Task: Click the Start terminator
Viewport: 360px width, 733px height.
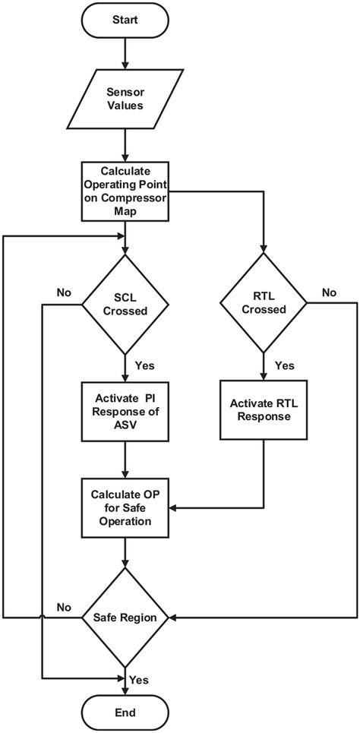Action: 125,21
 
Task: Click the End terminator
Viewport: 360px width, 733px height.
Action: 125,712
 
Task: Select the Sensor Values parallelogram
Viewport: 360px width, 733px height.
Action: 125,99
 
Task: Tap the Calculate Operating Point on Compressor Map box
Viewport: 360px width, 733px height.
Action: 125,191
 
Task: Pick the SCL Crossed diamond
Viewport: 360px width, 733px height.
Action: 125,305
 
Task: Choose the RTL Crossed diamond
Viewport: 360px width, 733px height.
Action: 264,304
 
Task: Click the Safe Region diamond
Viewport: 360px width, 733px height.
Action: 125,618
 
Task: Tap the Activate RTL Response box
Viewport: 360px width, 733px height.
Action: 264,409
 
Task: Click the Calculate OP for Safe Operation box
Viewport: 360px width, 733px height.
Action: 125,507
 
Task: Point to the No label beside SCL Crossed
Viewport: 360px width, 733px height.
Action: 64,292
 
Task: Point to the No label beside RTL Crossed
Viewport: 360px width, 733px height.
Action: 330,292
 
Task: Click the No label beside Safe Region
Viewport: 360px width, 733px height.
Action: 64,607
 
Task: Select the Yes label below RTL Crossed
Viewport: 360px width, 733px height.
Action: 285,365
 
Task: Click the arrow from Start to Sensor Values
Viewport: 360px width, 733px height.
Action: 125,53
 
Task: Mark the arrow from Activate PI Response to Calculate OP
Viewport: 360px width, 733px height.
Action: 125,460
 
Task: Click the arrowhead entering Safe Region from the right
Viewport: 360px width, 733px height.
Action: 172,618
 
